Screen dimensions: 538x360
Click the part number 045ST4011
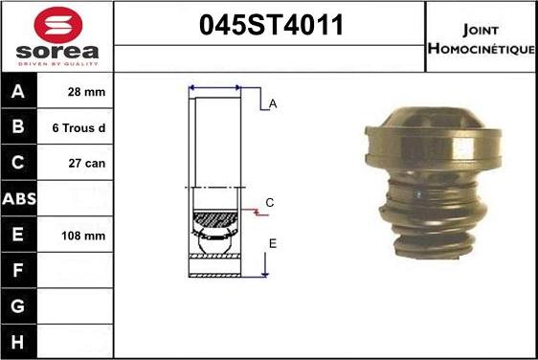click(x=271, y=25)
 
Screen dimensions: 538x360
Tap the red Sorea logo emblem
click(x=58, y=25)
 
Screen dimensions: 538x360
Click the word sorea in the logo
click(x=57, y=52)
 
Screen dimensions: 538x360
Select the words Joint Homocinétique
click(x=482, y=39)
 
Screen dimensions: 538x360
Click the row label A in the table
click(x=18, y=91)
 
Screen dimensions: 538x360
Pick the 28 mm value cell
click(x=86, y=92)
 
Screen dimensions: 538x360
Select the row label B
click(x=18, y=126)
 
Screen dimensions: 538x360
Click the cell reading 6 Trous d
click(x=78, y=128)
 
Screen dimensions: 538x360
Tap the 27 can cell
click(x=87, y=164)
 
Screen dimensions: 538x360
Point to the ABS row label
click(x=19, y=199)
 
